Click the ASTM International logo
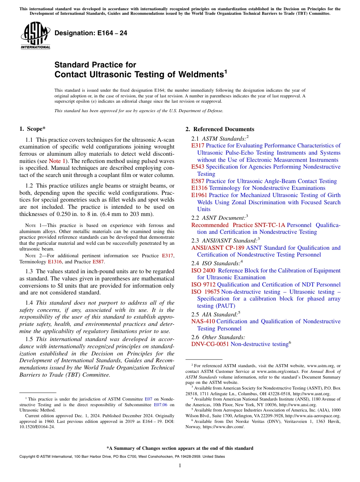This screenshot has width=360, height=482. [x=35, y=36]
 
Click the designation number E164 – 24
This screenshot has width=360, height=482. [x=91, y=33]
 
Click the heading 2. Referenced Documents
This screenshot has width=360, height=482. [x=219, y=129]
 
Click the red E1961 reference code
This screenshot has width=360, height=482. [x=199, y=195]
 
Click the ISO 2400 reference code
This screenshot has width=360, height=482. [x=203, y=271]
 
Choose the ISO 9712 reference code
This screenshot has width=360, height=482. [x=203, y=285]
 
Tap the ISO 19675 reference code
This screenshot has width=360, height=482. [x=205, y=292]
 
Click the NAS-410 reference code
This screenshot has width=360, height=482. [x=203, y=321]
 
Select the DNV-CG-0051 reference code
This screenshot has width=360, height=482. [x=210, y=344]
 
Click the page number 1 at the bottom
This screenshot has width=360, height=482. [x=180, y=466]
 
